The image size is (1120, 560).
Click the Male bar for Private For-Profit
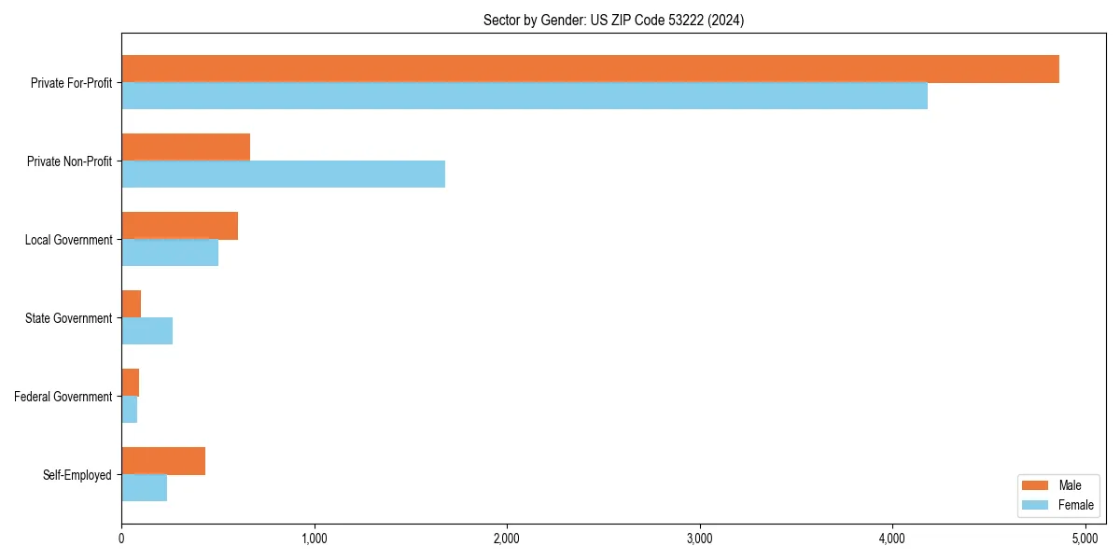click(590, 69)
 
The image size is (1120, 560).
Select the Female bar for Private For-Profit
click(525, 96)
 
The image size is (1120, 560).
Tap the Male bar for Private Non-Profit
click(186, 147)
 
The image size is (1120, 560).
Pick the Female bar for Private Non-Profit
click(283, 175)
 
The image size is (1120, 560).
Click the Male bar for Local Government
click(179, 226)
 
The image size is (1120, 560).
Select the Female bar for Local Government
click(170, 253)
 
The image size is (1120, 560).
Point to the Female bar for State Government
click(147, 331)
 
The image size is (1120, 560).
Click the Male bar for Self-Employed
click(163, 461)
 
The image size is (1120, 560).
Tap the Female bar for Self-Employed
click(144, 488)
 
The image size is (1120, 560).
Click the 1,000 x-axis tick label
click(314, 539)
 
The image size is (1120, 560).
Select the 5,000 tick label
click(1085, 539)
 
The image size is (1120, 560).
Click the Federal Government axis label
click(63, 397)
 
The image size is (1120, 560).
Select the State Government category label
click(69, 318)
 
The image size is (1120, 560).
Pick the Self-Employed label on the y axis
click(77, 475)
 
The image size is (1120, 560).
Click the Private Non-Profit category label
click(70, 161)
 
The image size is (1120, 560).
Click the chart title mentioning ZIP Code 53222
click(613, 20)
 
